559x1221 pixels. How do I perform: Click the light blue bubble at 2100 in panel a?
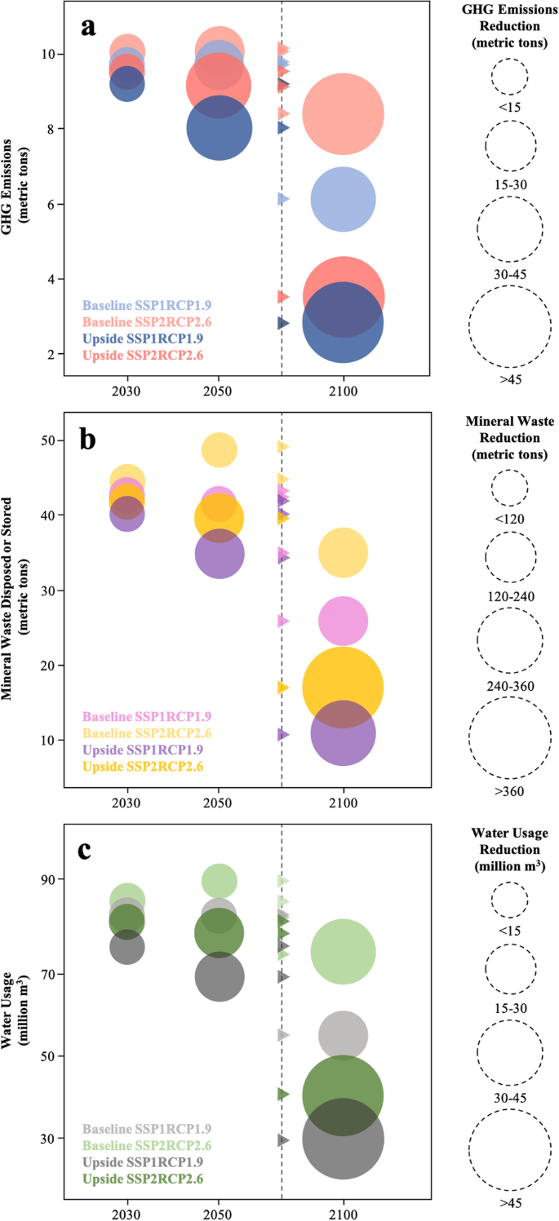(x=343, y=199)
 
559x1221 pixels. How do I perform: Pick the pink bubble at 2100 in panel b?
(x=343, y=621)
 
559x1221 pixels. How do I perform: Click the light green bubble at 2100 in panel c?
(x=343, y=951)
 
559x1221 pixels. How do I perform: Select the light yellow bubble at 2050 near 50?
(x=219, y=449)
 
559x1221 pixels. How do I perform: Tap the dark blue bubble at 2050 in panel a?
(x=219, y=128)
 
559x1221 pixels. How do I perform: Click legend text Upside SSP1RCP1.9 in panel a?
(x=142, y=338)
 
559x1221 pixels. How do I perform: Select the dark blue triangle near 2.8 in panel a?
(x=282, y=323)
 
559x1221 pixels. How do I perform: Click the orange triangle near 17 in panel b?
(x=282, y=688)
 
